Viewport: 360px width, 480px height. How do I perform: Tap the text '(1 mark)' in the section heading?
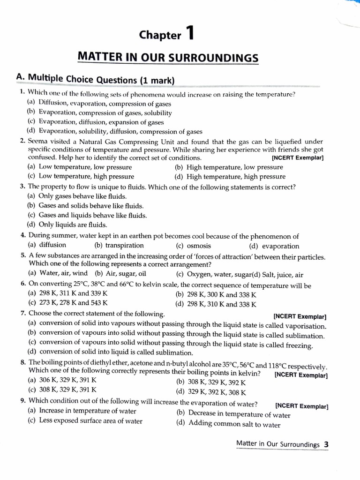click(157, 80)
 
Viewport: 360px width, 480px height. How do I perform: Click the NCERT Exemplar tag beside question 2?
click(298, 158)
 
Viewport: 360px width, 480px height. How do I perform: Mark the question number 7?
click(23, 313)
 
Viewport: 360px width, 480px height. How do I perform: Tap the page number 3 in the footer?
click(326, 445)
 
